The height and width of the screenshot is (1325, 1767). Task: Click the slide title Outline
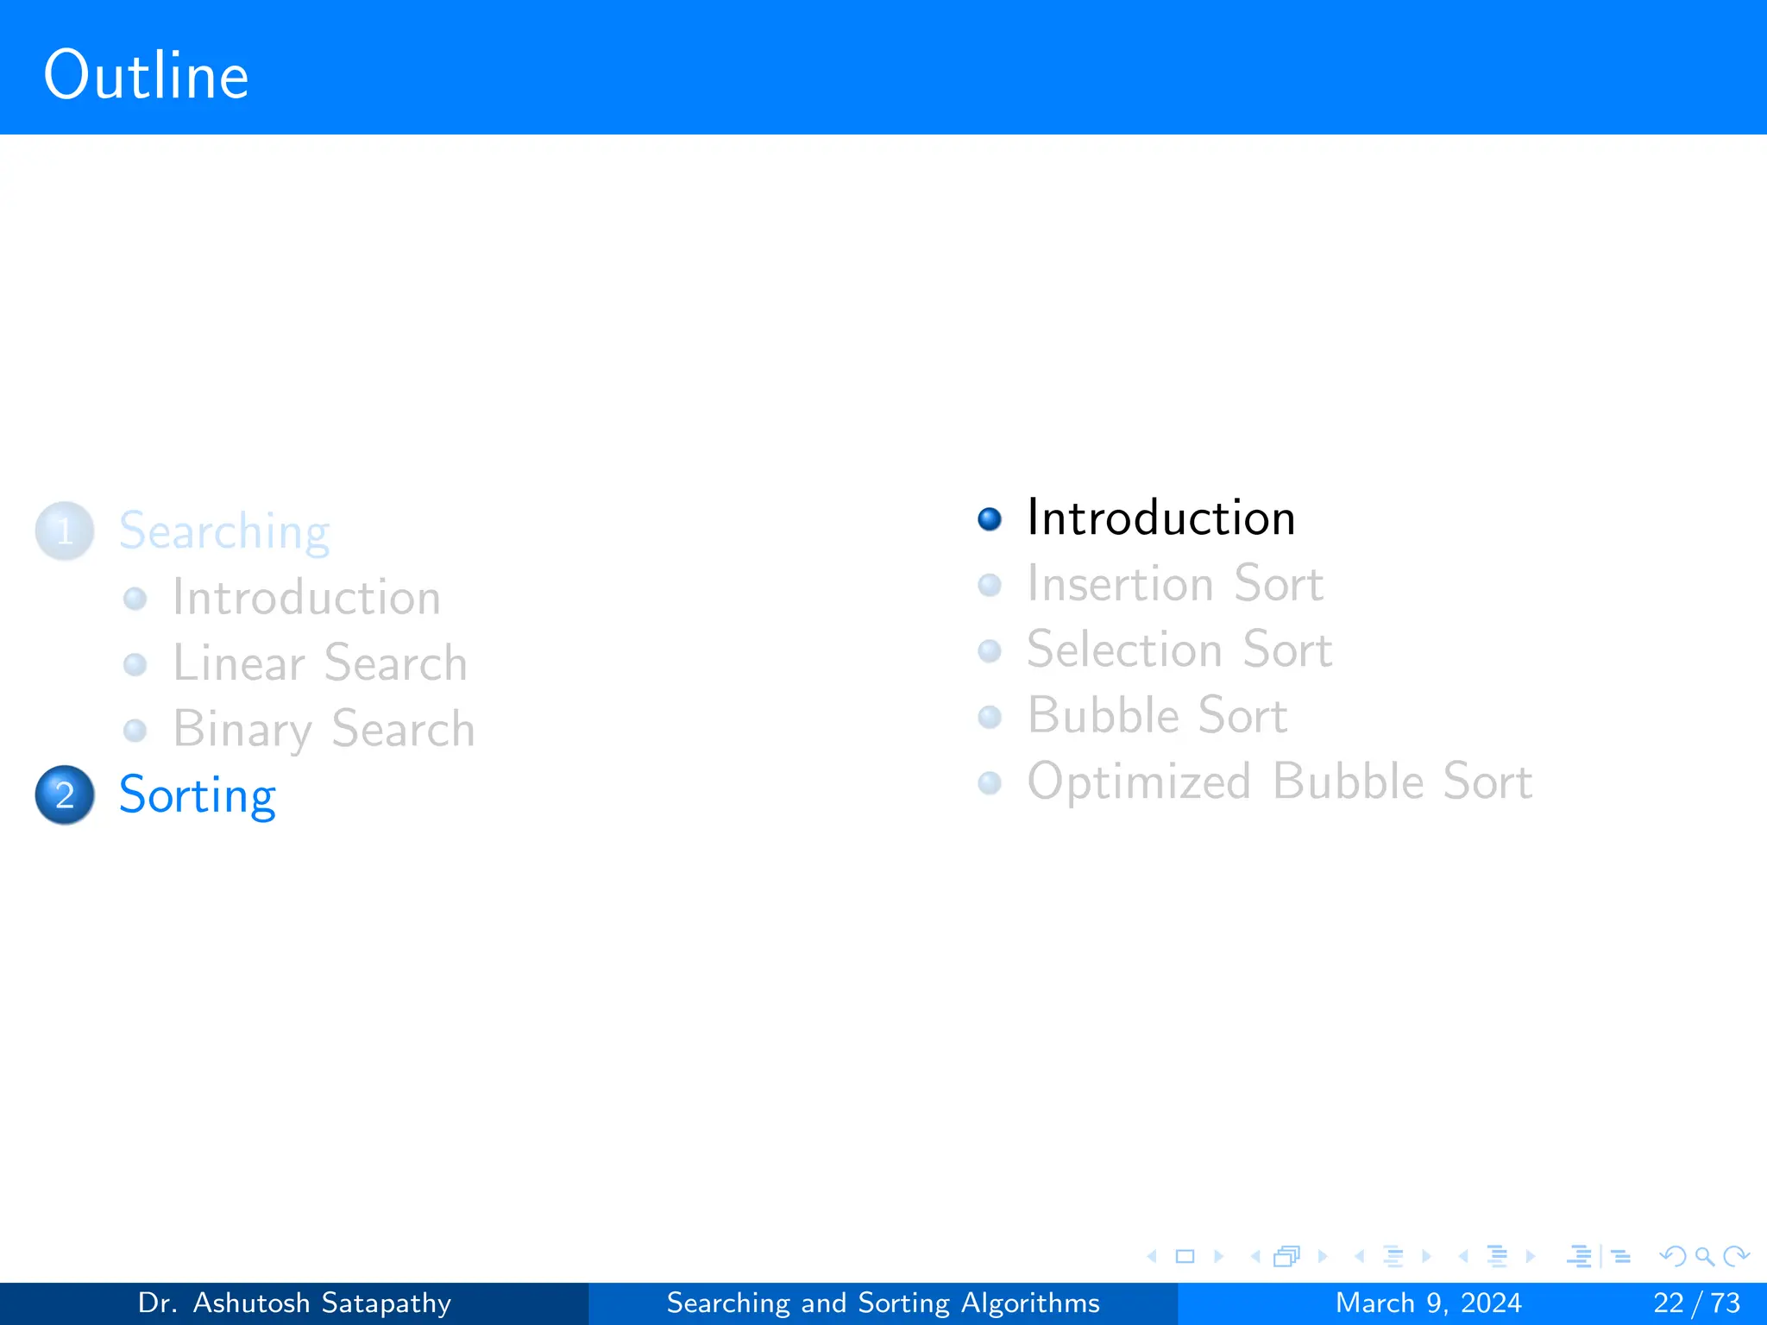(x=146, y=76)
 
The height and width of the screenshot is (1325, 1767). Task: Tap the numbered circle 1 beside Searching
(x=65, y=531)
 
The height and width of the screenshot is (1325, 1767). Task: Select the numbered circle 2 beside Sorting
(x=65, y=794)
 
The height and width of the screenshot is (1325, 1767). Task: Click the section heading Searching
(x=224, y=531)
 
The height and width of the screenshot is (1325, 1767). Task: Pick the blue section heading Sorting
(x=197, y=794)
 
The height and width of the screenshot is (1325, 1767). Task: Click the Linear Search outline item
(x=319, y=663)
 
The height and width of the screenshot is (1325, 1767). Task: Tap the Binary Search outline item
(x=324, y=729)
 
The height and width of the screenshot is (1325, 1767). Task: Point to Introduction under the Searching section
(x=306, y=597)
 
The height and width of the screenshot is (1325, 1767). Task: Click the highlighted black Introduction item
(x=1160, y=518)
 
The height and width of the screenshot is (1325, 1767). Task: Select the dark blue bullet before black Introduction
(x=990, y=519)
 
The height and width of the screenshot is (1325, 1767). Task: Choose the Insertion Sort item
(x=1174, y=584)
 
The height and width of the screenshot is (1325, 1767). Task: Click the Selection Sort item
(x=1179, y=650)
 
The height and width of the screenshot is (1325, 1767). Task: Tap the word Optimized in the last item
(x=1139, y=782)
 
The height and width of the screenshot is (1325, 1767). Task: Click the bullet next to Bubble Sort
(x=990, y=717)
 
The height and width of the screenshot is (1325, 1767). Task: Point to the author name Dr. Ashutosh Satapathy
(x=294, y=1303)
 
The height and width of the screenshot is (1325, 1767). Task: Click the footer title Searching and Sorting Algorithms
(x=883, y=1303)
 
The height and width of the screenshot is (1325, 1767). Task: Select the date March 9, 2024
(x=1428, y=1303)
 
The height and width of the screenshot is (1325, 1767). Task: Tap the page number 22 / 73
(x=1696, y=1303)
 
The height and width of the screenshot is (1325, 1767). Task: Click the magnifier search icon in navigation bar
(x=1704, y=1257)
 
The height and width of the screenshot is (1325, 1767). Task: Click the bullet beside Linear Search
(x=135, y=665)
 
